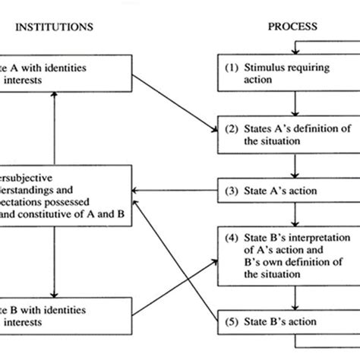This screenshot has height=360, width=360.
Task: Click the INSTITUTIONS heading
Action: [54, 27]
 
